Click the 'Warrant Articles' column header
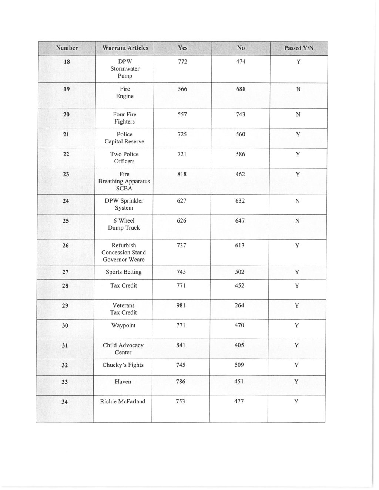click(125, 48)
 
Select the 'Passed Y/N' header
click(299, 48)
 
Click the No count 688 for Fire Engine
click(240, 89)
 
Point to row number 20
click(66, 115)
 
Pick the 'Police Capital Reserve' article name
click(124, 138)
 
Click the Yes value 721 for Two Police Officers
click(181, 154)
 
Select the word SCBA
click(124, 189)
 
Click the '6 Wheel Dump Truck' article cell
click(124, 224)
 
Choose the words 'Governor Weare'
click(124, 260)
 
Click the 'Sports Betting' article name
click(124, 272)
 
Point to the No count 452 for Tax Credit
click(239, 285)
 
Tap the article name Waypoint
click(123, 325)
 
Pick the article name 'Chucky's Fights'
click(123, 365)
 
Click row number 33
click(65, 382)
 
